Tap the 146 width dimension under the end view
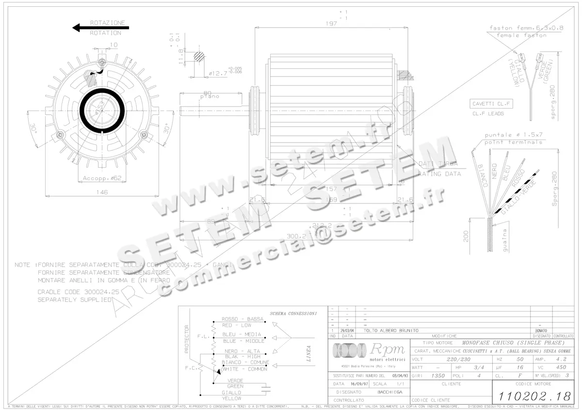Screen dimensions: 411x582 101,192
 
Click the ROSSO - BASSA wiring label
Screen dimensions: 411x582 242,319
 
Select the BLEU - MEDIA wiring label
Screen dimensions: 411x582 242,334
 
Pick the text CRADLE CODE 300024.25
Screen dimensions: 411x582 78,292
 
